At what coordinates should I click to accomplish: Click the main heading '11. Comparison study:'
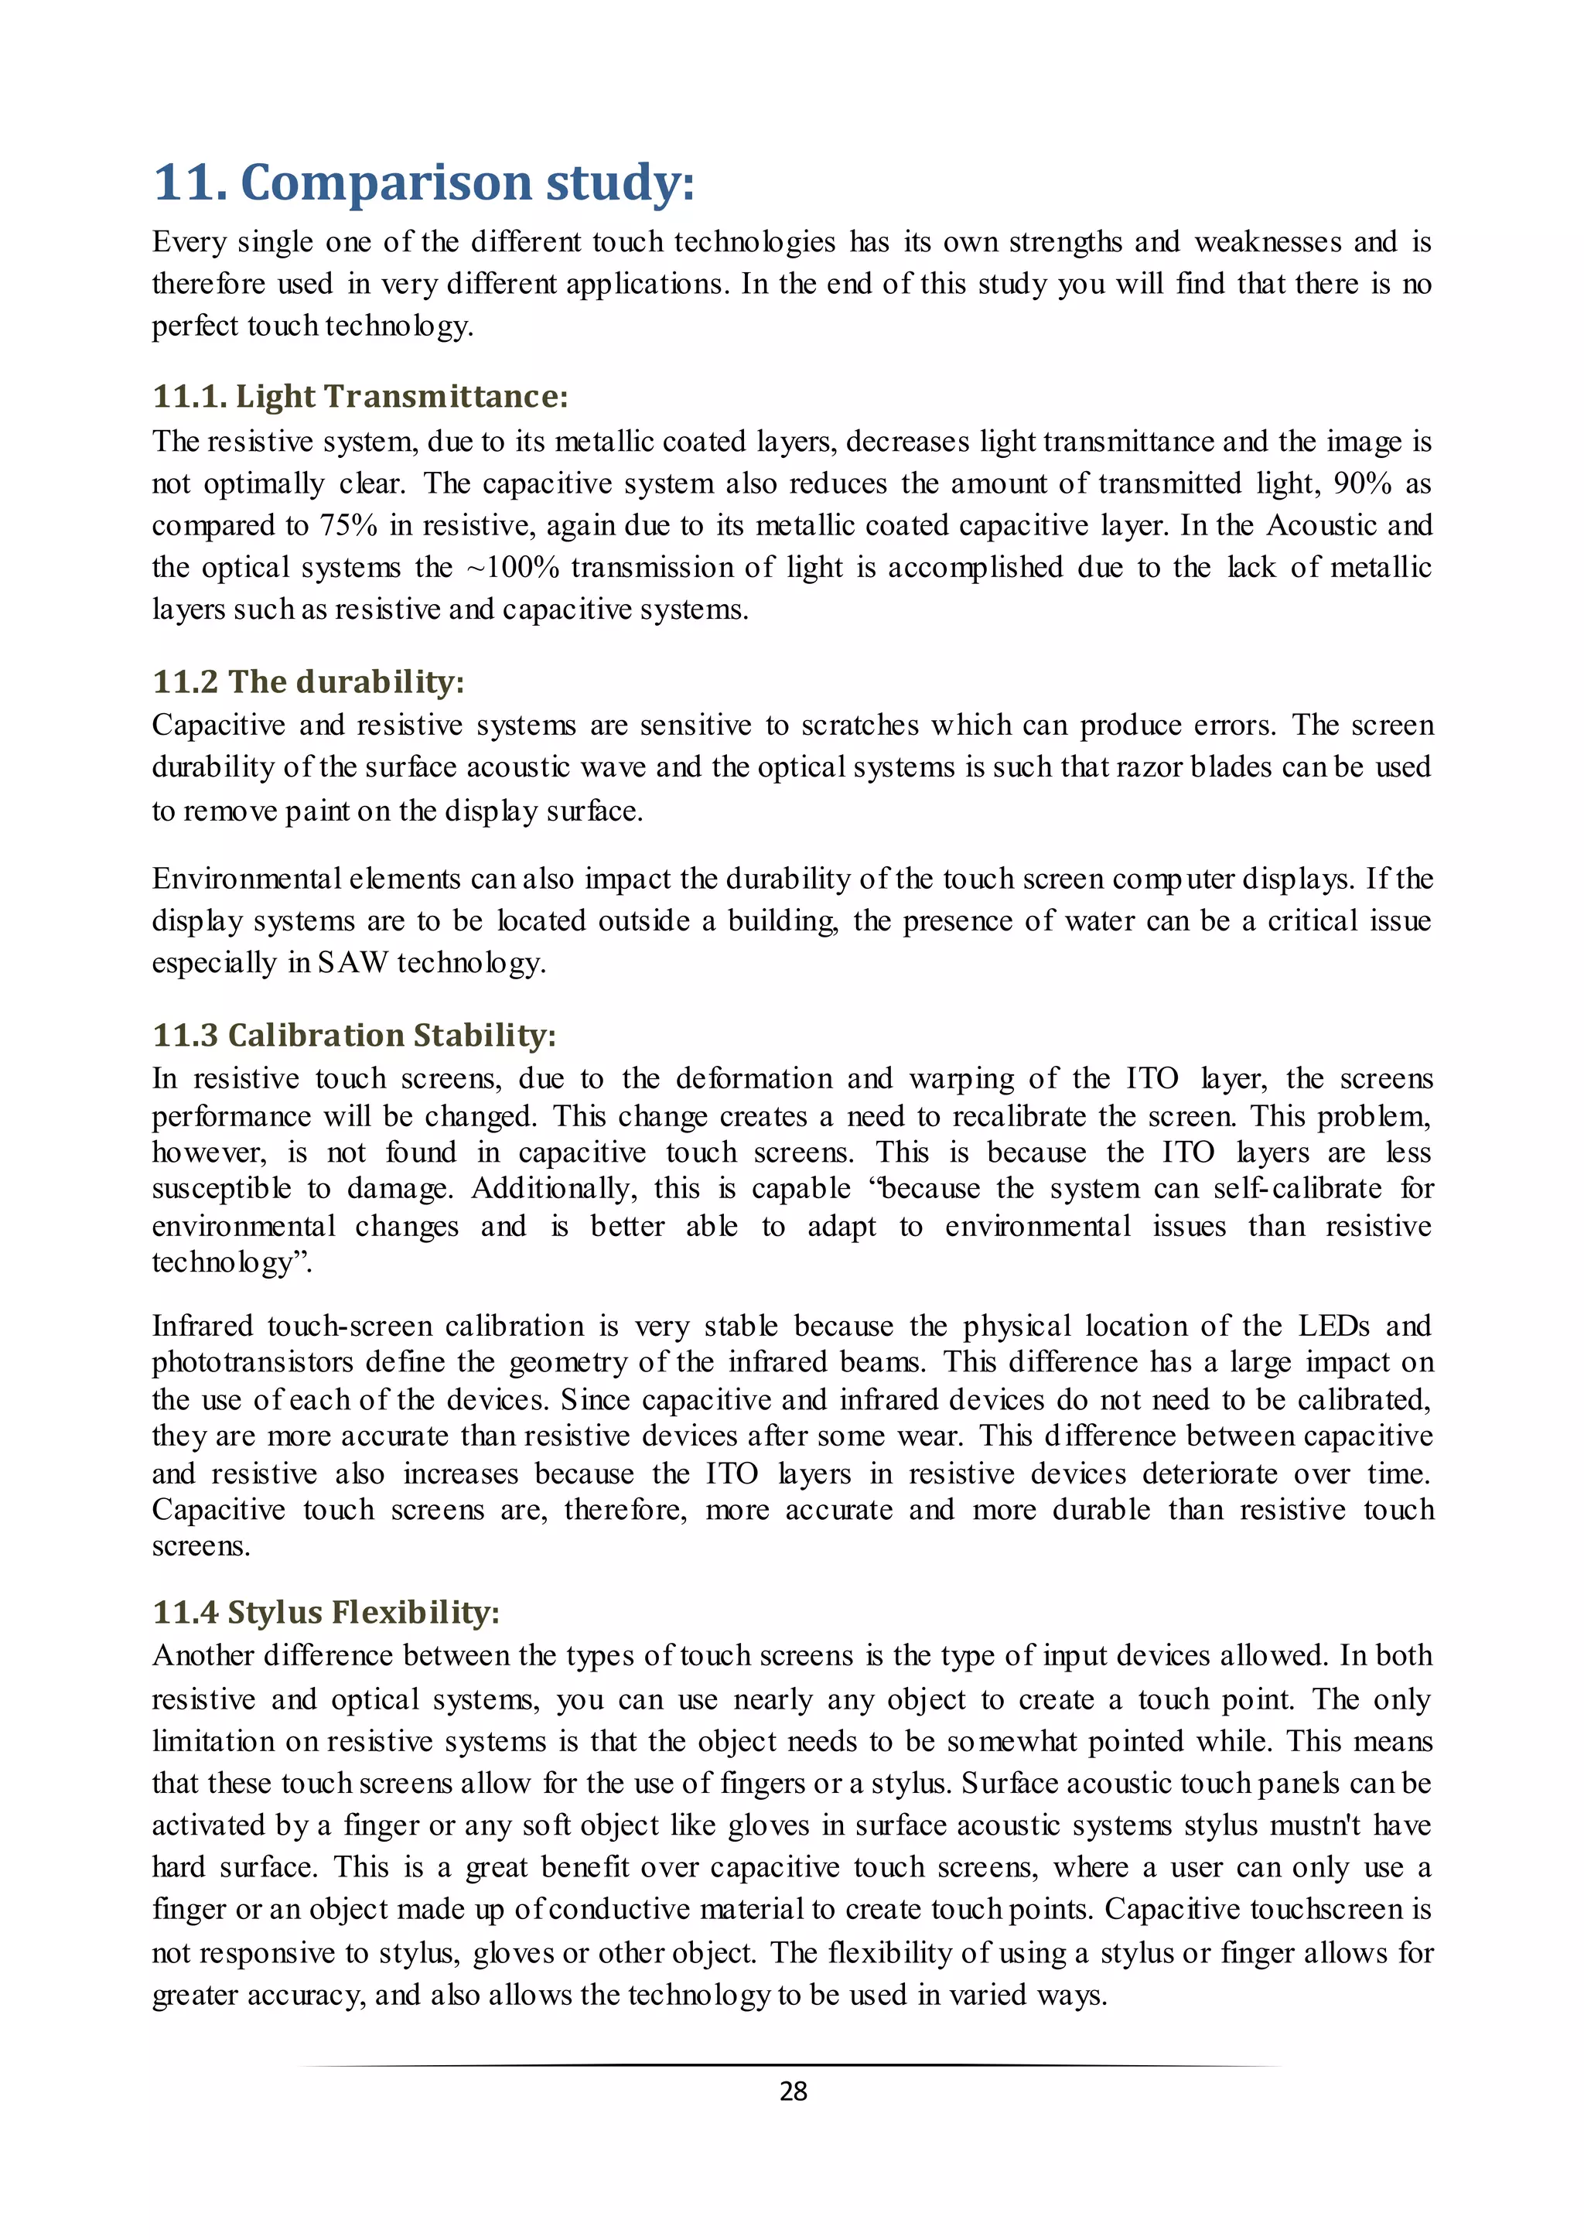(x=423, y=183)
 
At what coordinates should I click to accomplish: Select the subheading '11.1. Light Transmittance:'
(x=360, y=396)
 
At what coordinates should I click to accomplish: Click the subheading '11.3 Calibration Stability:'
(x=354, y=1034)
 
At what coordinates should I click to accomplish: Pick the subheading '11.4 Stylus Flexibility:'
(x=326, y=1612)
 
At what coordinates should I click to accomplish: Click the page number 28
(x=793, y=2091)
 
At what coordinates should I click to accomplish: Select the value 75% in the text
(x=348, y=526)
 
